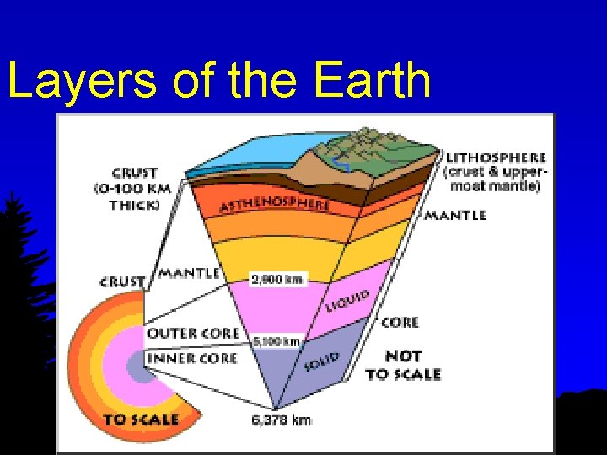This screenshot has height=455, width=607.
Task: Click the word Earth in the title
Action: point(373,80)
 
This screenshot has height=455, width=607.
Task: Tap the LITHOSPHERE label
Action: point(496,158)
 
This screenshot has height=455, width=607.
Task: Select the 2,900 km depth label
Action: point(277,278)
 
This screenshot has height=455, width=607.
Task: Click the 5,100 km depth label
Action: point(277,341)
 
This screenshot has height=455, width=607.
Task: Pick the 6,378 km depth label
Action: point(282,420)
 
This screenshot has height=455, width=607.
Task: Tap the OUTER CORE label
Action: point(193,334)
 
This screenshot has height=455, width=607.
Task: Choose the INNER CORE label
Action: point(191,358)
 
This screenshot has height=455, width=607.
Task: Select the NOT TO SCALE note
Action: point(403,364)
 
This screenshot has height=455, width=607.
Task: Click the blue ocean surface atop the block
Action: point(244,156)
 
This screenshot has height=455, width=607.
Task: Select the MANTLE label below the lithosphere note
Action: point(454,216)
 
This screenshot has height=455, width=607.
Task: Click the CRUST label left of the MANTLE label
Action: point(123,281)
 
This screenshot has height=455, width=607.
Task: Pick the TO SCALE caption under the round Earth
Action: point(141,419)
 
